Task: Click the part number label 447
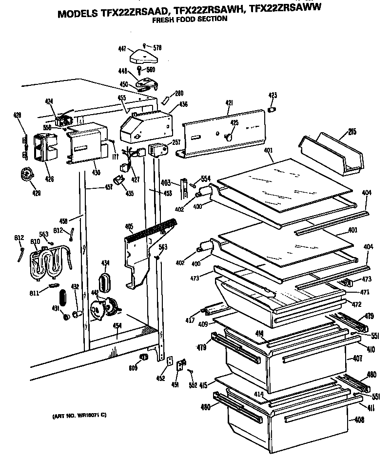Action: pos(122,48)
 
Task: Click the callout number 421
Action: pos(229,103)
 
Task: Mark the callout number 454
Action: pos(117,325)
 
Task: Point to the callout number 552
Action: pos(193,385)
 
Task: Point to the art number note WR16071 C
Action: pos(79,416)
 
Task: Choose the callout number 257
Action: pos(176,142)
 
